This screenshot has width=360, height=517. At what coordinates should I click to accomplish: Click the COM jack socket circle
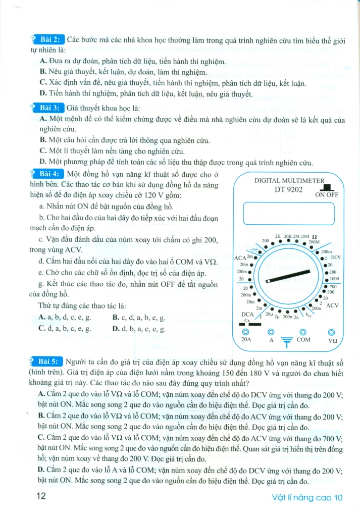tap(303, 332)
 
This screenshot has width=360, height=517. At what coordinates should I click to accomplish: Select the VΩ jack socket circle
tap(332, 332)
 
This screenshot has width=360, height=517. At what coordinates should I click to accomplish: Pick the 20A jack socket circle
tap(245, 332)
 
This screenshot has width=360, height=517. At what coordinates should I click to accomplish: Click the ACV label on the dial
tap(333, 305)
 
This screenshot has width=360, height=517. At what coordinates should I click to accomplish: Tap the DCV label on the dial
tap(336, 257)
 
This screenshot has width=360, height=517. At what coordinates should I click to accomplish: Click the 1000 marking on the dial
tap(334, 279)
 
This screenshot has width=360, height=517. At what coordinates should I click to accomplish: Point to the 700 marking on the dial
tap(332, 287)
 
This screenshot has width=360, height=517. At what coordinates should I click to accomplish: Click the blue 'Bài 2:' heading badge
tap(48, 39)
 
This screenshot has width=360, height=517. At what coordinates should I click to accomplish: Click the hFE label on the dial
tap(309, 316)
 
